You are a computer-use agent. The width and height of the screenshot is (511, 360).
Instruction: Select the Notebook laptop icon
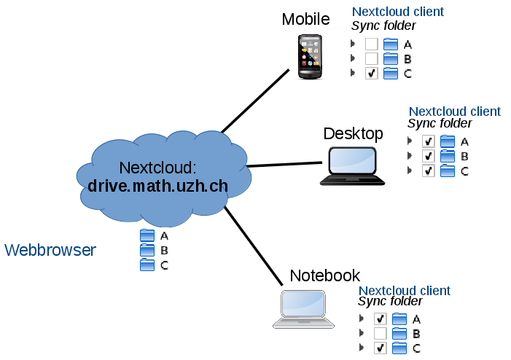click(x=303, y=308)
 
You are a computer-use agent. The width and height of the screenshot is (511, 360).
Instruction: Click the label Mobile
click(x=306, y=19)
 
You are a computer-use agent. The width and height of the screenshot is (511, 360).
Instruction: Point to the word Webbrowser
click(x=50, y=251)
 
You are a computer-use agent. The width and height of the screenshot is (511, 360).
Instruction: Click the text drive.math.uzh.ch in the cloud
click(x=158, y=186)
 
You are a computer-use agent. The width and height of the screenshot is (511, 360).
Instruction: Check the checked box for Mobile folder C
click(x=372, y=73)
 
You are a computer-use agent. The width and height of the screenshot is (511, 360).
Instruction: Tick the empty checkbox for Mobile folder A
click(x=372, y=44)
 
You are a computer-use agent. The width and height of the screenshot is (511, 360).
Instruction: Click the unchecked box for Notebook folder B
click(x=380, y=333)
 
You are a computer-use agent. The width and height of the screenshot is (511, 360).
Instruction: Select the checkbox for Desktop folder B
click(x=429, y=156)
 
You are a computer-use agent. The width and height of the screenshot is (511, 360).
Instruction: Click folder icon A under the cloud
click(x=147, y=235)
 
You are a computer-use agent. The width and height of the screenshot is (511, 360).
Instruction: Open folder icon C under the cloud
click(x=147, y=265)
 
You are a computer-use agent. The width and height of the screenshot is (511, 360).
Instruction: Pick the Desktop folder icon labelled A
click(x=447, y=141)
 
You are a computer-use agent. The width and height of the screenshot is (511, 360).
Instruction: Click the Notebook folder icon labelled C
click(x=399, y=348)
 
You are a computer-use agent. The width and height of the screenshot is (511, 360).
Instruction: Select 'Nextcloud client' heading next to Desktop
click(x=454, y=111)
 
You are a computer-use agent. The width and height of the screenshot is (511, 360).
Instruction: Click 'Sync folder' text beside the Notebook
click(x=390, y=302)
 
